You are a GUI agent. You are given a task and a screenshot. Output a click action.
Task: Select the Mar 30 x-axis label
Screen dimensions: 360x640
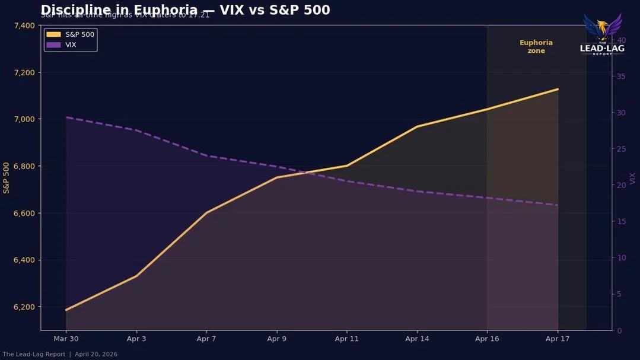click(x=66, y=339)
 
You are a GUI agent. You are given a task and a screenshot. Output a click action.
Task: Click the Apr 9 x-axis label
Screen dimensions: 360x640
click(x=276, y=339)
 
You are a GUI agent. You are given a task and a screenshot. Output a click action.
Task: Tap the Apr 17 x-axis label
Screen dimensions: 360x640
click(x=558, y=339)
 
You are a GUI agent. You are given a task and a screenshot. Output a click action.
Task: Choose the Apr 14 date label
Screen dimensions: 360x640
click(x=417, y=339)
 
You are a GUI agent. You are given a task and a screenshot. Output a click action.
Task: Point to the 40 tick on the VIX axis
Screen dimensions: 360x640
click(x=622, y=40)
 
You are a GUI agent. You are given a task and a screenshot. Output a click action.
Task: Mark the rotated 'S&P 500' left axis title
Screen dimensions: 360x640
click(x=7, y=178)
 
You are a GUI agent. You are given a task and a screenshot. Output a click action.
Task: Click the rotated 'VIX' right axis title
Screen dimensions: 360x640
click(x=633, y=178)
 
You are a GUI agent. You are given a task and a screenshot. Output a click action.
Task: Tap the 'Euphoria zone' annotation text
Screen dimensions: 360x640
click(x=536, y=47)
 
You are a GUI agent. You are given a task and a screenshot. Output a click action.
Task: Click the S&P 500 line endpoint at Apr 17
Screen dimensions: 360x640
click(x=558, y=89)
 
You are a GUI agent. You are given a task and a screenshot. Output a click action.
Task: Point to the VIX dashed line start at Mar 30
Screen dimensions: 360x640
click(x=66, y=117)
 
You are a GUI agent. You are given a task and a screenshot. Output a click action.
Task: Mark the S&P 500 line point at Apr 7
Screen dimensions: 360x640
click(x=206, y=212)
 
